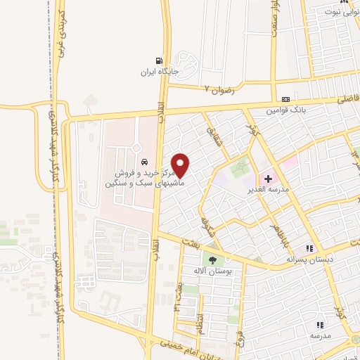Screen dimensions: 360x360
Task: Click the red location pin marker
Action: point(181,165)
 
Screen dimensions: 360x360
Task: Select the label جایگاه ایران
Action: point(157,72)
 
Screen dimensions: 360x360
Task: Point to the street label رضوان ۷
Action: point(218,90)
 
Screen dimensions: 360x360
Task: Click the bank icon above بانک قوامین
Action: point(285,100)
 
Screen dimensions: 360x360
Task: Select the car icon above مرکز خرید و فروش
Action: point(143,161)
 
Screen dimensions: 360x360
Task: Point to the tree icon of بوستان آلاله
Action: point(213,262)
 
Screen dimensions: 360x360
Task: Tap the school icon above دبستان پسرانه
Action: point(309,248)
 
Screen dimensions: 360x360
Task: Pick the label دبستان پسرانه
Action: point(307,259)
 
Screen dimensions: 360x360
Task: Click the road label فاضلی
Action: point(347,101)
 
